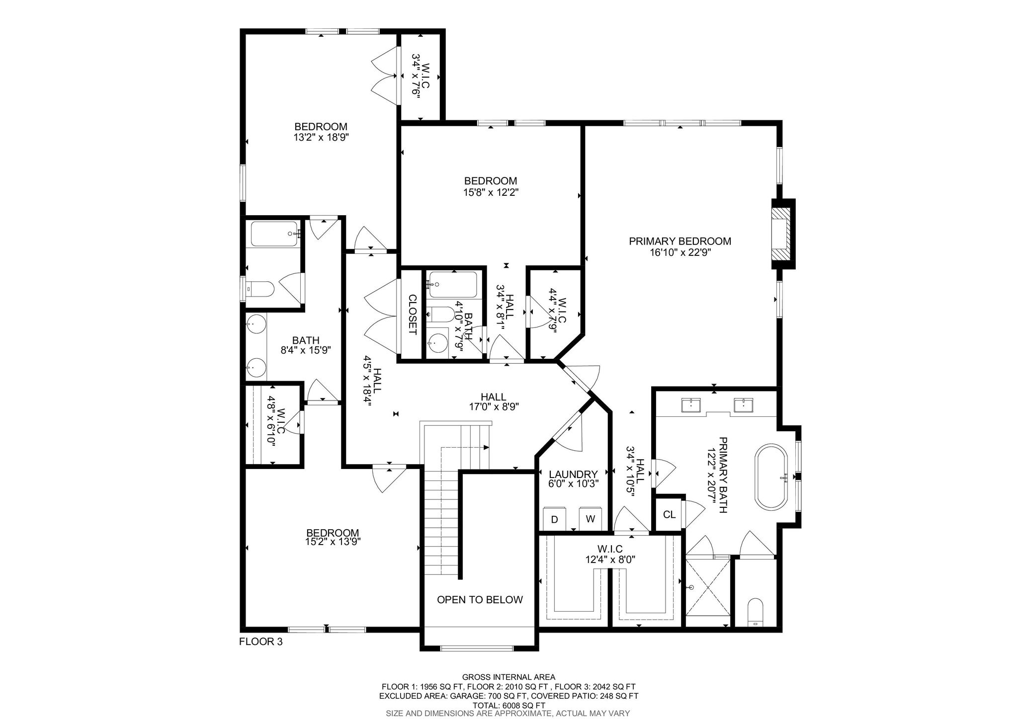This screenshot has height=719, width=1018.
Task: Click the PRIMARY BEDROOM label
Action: click(680, 241)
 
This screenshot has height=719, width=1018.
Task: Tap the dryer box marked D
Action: click(555, 519)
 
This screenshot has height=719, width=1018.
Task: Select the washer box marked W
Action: click(591, 519)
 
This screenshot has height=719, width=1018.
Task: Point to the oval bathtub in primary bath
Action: click(772, 476)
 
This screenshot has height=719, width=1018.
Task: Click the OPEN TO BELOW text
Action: click(480, 600)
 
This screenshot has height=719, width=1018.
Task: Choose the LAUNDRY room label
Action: click(573, 474)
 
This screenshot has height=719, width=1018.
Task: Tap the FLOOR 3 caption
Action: click(261, 641)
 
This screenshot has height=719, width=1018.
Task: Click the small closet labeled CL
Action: click(670, 514)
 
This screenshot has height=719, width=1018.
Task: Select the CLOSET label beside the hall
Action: click(413, 315)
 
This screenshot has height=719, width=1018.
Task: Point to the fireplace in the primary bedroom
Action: click(783, 234)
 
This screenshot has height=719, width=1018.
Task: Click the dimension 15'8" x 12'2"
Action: click(491, 192)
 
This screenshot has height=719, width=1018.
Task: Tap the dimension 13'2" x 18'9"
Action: click(321, 138)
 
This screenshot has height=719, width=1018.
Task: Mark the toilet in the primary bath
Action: click(755, 613)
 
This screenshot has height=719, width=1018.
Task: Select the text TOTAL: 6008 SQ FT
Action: click(509, 706)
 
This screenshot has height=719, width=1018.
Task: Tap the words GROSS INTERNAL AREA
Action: click(509, 677)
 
